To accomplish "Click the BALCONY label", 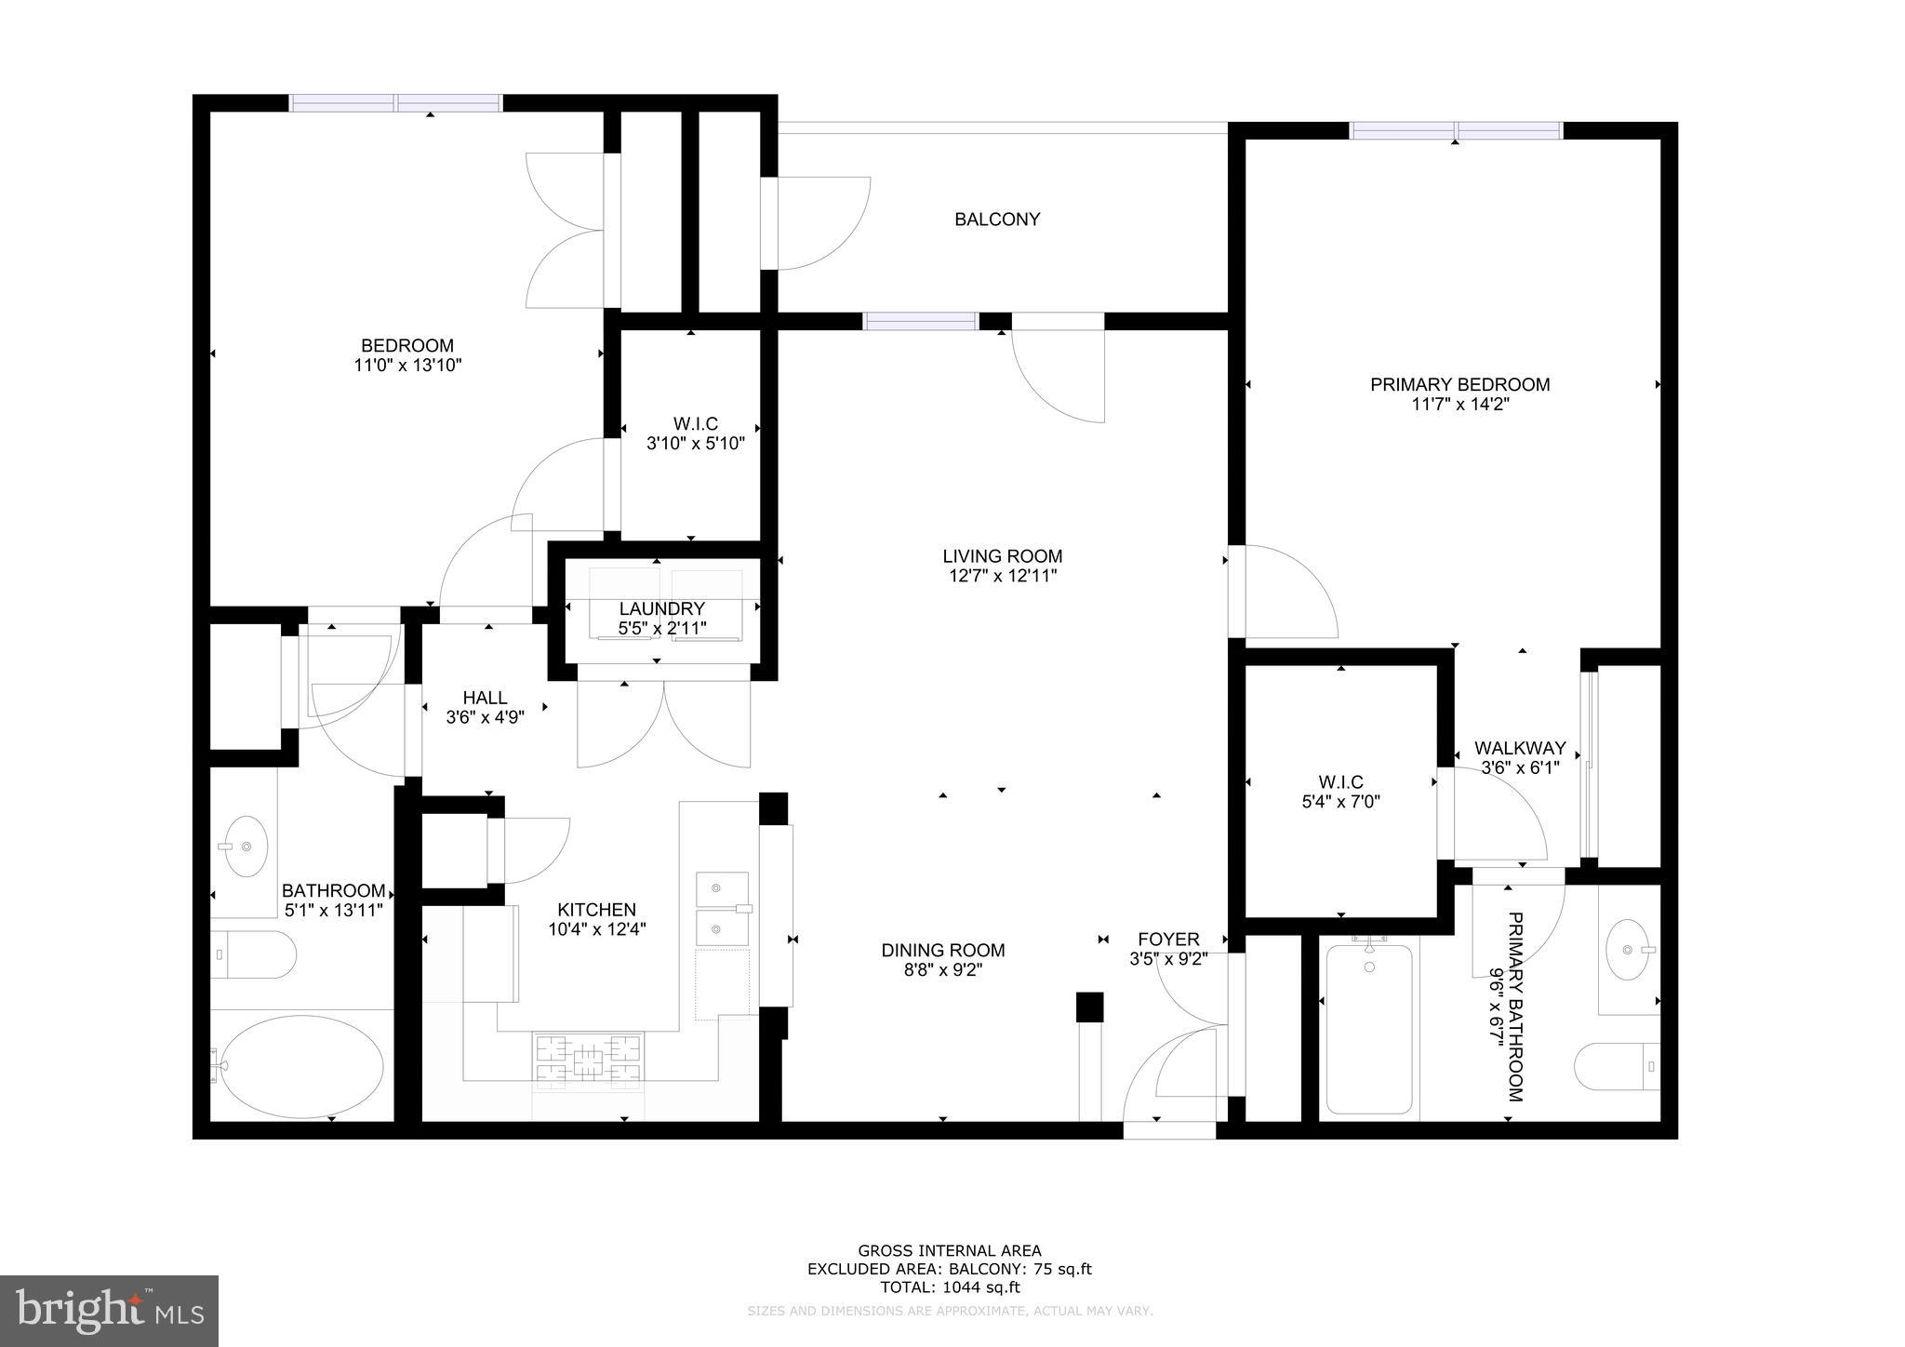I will [x=997, y=220].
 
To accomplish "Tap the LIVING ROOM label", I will [x=1002, y=556].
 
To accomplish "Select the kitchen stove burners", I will [x=588, y=1060].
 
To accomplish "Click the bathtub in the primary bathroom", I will [x=1369, y=1028].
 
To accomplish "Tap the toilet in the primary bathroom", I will [x=1619, y=1066].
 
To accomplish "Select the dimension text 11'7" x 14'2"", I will [x=1459, y=405].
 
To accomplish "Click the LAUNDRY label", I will [x=661, y=608].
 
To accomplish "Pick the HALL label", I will [x=485, y=698].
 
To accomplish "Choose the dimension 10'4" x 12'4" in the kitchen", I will [x=596, y=928].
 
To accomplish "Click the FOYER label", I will [x=1167, y=940].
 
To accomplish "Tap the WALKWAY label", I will [x=1520, y=748].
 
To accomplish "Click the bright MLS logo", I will [x=110, y=1311].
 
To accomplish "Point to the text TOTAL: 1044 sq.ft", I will [x=950, y=1287].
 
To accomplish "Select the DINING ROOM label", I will [x=942, y=950].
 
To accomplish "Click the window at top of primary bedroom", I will [x=1456, y=131].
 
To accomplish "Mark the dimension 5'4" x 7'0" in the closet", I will [x=1340, y=800].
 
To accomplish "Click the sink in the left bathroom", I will [x=246, y=847].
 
